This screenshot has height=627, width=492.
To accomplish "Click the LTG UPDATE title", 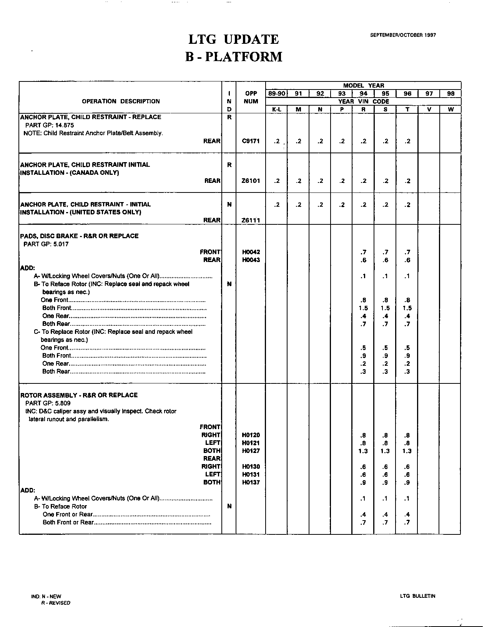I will pos(233,39).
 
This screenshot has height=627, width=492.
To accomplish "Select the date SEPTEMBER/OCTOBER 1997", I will pos(403,35).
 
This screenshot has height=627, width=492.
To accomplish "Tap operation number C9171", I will pos(251,141).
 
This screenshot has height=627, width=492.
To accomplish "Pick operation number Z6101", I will pos(251,181).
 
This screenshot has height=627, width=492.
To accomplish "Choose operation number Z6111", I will pos(251,220).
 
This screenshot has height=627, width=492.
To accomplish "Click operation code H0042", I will pos(251,252).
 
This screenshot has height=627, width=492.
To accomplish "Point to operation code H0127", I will pos(251,451).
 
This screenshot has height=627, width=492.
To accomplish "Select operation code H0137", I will pos(251,482).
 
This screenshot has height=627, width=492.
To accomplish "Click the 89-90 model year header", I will pos(276,93).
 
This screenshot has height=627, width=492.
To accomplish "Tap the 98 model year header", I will pos(450,93).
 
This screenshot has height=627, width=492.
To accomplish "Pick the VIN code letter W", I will pos(450,109).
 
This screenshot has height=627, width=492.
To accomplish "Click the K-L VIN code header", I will pos(276,109).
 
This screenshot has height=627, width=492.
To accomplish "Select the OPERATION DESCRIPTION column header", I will pos(121,101).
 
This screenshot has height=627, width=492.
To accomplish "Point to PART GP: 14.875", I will pos(50,125).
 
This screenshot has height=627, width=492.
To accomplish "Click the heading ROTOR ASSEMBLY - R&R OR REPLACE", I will pos(79,395).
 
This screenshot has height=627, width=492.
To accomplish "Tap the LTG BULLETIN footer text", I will pos(417,596).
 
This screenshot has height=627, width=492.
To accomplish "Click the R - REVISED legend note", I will pos(56,603).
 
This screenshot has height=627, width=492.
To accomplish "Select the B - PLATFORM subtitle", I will pos(233,57).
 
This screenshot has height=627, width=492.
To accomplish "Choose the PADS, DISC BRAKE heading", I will pos(79,236).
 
